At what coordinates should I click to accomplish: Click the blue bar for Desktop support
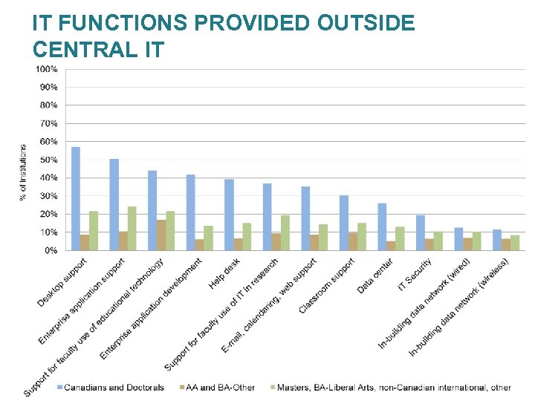click(76, 198)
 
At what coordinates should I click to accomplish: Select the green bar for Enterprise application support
click(132, 228)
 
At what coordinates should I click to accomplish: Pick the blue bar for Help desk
click(229, 215)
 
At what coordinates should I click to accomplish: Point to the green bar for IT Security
click(438, 241)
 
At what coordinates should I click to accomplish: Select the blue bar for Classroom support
click(344, 223)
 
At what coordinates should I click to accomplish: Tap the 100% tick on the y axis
click(47, 69)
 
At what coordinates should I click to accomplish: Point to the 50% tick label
click(48, 160)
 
